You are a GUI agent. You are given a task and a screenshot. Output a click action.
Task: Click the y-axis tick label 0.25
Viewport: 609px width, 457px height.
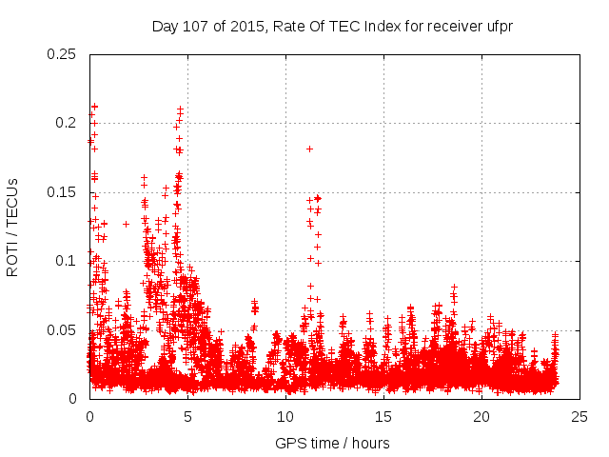click(x=62, y=54)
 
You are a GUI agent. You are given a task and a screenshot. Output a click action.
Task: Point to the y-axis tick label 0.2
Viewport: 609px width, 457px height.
click(x=66, y=123)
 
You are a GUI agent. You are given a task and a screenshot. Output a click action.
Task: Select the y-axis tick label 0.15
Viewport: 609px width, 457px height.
click(x=62, y=192)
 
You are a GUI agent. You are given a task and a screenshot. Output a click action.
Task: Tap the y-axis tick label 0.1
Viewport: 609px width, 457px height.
click(x=66, y=261)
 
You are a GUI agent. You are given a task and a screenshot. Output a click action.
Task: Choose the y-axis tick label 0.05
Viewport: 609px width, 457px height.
click(x=62, y=330)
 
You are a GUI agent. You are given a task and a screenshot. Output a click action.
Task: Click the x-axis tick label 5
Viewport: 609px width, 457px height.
click(x=187, y=417)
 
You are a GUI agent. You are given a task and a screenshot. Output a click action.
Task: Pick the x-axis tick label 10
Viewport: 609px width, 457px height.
click(x=285, y=417)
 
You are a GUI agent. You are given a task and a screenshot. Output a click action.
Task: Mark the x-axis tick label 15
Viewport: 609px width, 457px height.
click(x=383, y=417)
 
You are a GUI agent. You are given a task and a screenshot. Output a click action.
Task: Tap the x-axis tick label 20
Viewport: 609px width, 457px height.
click(x=481, y=417)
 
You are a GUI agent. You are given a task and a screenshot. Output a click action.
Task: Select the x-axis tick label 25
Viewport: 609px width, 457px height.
click(x=580, y=417)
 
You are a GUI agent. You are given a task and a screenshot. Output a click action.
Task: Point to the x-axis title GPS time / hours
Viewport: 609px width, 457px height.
click(x=332, y=443)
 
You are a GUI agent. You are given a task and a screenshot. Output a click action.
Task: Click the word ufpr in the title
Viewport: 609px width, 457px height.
click(x=499, y=26)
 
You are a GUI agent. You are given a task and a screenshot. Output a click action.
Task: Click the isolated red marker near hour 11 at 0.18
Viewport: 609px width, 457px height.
click(x=309, y=149)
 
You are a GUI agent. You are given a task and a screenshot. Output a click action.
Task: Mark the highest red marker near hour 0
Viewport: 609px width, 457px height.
click(x=94, y=107)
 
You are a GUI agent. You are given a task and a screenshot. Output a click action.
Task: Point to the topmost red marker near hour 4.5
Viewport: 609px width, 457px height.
click(x=179, y=109)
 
